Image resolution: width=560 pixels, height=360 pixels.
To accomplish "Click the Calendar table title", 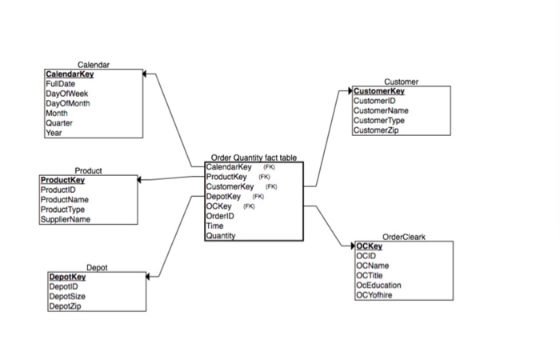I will coord(94,64).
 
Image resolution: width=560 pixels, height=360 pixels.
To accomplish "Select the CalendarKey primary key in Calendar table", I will coord(70,74).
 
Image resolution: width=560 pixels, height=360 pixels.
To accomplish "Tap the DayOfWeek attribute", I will coord(65,94).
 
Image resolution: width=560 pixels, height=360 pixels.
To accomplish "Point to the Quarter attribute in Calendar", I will coord(59,123).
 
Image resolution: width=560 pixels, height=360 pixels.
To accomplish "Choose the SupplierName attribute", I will coord(66,219).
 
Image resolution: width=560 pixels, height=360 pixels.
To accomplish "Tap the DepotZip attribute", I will coord(65,306).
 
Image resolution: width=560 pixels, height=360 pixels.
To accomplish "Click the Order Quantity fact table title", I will coord(253,158).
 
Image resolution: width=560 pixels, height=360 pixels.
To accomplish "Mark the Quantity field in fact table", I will coord(221,235).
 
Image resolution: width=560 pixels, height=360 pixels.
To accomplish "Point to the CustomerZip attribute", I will coord(376,130).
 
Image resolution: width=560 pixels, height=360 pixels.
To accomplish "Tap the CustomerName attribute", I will coord(380,110).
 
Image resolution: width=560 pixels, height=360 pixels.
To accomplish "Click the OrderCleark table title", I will coord(404,237).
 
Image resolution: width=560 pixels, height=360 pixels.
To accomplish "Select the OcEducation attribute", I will coord(379,285).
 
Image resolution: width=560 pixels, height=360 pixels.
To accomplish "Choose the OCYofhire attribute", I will coord(376,294).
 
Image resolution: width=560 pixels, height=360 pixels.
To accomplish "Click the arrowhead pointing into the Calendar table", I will coord(146,74).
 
